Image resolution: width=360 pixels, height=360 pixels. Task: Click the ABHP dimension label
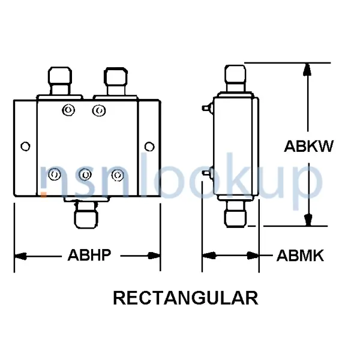[x=89, y=255]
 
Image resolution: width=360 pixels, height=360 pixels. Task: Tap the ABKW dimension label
[x=308, y=146]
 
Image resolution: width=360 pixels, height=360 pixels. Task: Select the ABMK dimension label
[x=300, y=256]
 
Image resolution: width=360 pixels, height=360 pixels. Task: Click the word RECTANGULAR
[x=185, y=298]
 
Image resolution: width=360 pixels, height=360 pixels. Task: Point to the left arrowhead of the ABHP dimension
[x=20, y=256]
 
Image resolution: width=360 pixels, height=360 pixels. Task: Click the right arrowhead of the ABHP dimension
[x=154, y=256]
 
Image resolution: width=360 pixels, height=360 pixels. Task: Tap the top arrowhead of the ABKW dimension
[x=307, y=70]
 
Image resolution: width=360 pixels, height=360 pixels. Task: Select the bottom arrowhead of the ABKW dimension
[x=308, y=220]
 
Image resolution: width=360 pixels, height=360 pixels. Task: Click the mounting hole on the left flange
[x=25, y=146]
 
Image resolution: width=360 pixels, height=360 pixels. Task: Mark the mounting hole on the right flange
[x=149, y=146]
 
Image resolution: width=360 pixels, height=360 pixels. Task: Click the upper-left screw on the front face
[x=68, y=110]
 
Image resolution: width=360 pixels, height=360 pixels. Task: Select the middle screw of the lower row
[x=85, y=175]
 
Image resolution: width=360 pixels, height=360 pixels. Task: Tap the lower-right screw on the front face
[x=118, y=175]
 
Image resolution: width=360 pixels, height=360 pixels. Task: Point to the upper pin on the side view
[x=208, y=107]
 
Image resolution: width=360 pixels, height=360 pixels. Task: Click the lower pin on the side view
[x=208, y=173]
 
